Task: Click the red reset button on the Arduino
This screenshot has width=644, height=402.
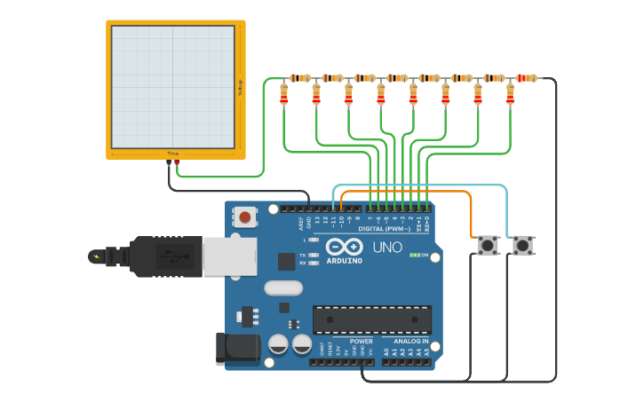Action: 244,216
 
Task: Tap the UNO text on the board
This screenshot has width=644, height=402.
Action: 386,248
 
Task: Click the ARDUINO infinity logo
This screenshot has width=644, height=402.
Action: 344,248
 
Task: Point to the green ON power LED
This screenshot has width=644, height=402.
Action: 415,256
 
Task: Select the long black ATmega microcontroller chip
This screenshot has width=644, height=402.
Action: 371,319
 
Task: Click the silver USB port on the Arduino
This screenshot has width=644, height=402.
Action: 229,256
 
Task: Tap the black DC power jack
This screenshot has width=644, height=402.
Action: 237,348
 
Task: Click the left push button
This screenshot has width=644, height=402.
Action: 488,245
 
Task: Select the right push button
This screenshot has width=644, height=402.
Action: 522,245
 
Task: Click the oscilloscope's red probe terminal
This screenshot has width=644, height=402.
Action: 177,162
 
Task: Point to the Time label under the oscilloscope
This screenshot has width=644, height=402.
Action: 172,154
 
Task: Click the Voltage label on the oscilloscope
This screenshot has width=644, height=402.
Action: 239,87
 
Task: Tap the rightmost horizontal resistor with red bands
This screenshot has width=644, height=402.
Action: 527,78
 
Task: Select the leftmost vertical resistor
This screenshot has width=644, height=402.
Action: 284,94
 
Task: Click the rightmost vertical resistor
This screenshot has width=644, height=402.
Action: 510,94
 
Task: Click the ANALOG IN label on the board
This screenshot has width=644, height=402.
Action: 405,341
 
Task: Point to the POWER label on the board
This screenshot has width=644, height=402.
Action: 362,341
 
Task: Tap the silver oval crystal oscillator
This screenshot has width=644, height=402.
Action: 283,288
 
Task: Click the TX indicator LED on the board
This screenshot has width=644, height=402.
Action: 312,254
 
